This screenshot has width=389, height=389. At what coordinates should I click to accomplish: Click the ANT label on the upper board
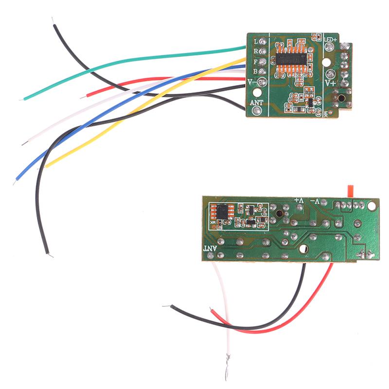[256, 104]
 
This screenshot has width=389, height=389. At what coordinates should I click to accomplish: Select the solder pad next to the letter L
[263, 41]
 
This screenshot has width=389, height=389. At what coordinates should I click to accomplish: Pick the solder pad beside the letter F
[263, 62]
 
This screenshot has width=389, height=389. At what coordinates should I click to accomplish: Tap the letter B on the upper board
[255, 71]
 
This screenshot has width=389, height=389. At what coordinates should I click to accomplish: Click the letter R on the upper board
[255, 51]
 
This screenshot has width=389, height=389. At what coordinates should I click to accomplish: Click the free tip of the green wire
[22, 99]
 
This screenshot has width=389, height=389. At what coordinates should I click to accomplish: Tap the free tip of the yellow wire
[47, 166]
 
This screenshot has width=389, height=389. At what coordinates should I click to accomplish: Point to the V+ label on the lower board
[299, 200]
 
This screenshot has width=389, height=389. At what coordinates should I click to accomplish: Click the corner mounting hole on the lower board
[372, 206]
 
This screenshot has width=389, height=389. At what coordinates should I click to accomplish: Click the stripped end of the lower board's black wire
[166, 306]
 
